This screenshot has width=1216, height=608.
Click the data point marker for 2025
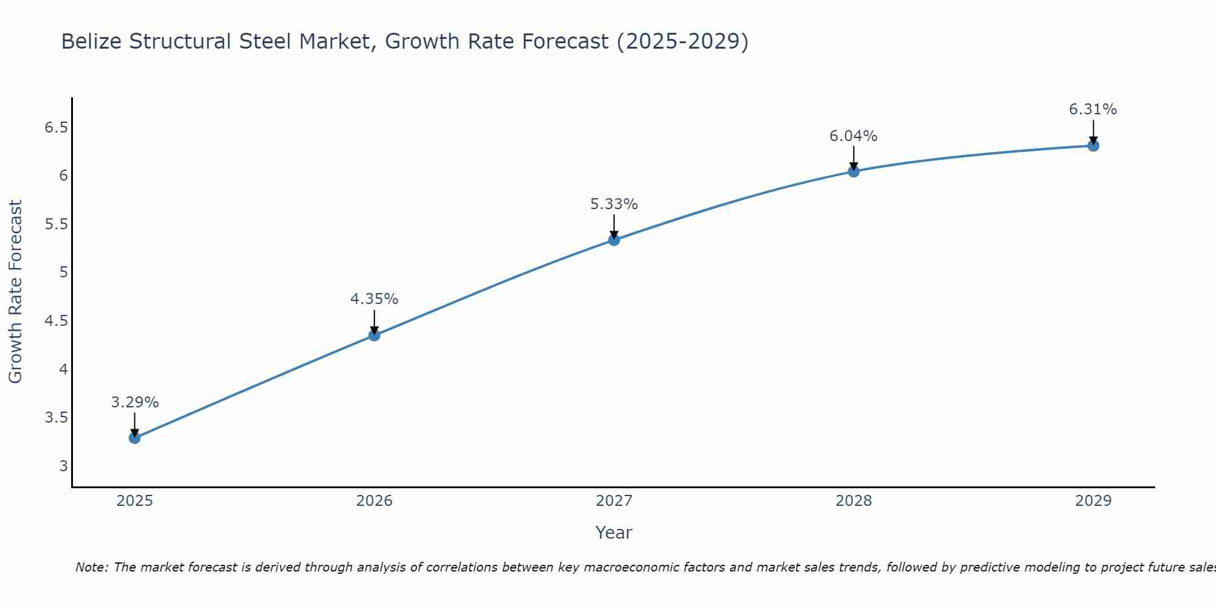(x=134, y=438)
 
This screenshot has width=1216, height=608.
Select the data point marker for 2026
(x=375, y=335)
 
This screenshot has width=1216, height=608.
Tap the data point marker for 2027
(x=614, y=240)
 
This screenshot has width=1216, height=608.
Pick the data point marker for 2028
(x=854, y=171)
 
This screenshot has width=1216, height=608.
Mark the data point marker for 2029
(x=1093, y=145)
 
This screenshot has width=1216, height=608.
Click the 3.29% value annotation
(x=134, y=402)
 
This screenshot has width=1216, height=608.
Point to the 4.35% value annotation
(x=375, y=299)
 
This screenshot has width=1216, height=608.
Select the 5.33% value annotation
(x=614, y=204)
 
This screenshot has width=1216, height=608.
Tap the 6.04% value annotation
(x=854, y=136)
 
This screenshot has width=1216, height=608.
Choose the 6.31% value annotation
(x=1093, y=109)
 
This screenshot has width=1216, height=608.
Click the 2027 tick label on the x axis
(x=614, y=501)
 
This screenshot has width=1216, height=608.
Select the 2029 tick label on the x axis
(x=1093, y=501)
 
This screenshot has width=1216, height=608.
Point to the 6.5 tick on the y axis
(x=56, y=128)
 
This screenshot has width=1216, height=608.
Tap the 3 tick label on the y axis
(x=63, y=466)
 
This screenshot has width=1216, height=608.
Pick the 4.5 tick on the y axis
(x=56, y=321)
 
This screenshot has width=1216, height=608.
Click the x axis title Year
(x=614, y=533)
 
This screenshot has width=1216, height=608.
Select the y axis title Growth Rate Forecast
(x=15, y=292)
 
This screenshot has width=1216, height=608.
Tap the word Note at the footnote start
(x=91, y=567)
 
